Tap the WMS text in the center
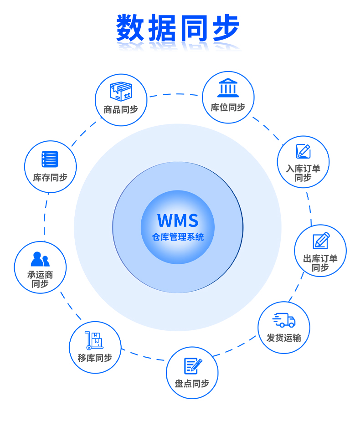(178, 221)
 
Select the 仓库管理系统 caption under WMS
(178, 237)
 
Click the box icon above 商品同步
(121, 92)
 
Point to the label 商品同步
(121, 109)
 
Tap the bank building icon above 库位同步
(228, 88)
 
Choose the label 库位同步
(228, 107)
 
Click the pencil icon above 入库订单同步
(303, 151)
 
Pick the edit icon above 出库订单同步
(321, 241)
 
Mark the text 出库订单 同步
(320, 263)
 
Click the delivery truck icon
(284, 320)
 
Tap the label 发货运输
(284, 338)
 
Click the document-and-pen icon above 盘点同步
(192, 365)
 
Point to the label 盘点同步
(192, 384)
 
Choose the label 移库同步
(95, 358)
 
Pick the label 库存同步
(50, 177)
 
